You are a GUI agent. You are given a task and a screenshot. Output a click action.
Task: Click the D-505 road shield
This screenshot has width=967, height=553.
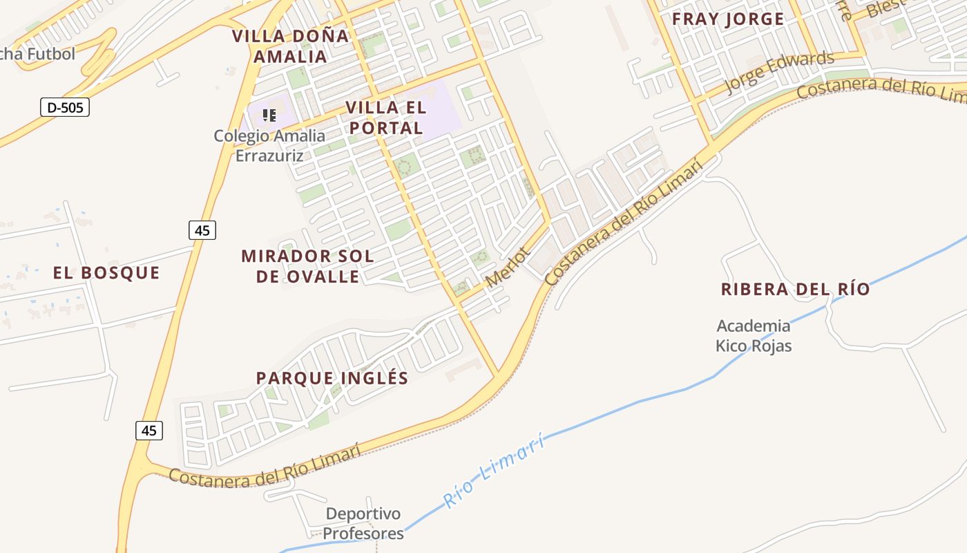coord(65,107)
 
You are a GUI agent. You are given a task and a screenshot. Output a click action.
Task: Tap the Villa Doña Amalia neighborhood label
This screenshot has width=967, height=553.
coord(290,46)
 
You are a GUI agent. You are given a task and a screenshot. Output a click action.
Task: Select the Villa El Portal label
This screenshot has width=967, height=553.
coord(385,118)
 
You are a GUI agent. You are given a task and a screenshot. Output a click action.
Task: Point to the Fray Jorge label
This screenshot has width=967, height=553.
coord(728,19)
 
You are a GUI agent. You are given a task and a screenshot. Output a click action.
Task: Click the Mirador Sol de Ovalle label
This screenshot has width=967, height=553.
coord(307,266)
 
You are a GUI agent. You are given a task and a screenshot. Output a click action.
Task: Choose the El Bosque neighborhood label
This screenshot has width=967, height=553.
coord(106,273)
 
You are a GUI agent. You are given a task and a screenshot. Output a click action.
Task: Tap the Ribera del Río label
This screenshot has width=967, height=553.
coord(795,289)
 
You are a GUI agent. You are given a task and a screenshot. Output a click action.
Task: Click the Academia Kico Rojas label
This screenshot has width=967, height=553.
coord(754,335)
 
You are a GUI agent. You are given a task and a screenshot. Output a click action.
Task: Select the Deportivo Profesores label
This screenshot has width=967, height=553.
coord(363,524)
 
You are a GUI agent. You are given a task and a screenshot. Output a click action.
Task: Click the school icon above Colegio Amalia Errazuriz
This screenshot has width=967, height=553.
coord(269,115)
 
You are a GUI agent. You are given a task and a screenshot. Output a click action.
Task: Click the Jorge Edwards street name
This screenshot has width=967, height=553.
coord(779,72)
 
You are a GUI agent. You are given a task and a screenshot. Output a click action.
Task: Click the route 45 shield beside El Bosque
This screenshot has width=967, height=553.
coord(202,229)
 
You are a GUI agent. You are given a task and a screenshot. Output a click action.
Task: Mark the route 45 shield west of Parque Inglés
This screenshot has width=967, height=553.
coord(149,430)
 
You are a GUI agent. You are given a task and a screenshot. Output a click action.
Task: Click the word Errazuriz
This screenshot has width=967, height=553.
coord(269,156)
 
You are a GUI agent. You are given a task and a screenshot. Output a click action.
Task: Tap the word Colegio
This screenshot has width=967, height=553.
coord(239,135)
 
